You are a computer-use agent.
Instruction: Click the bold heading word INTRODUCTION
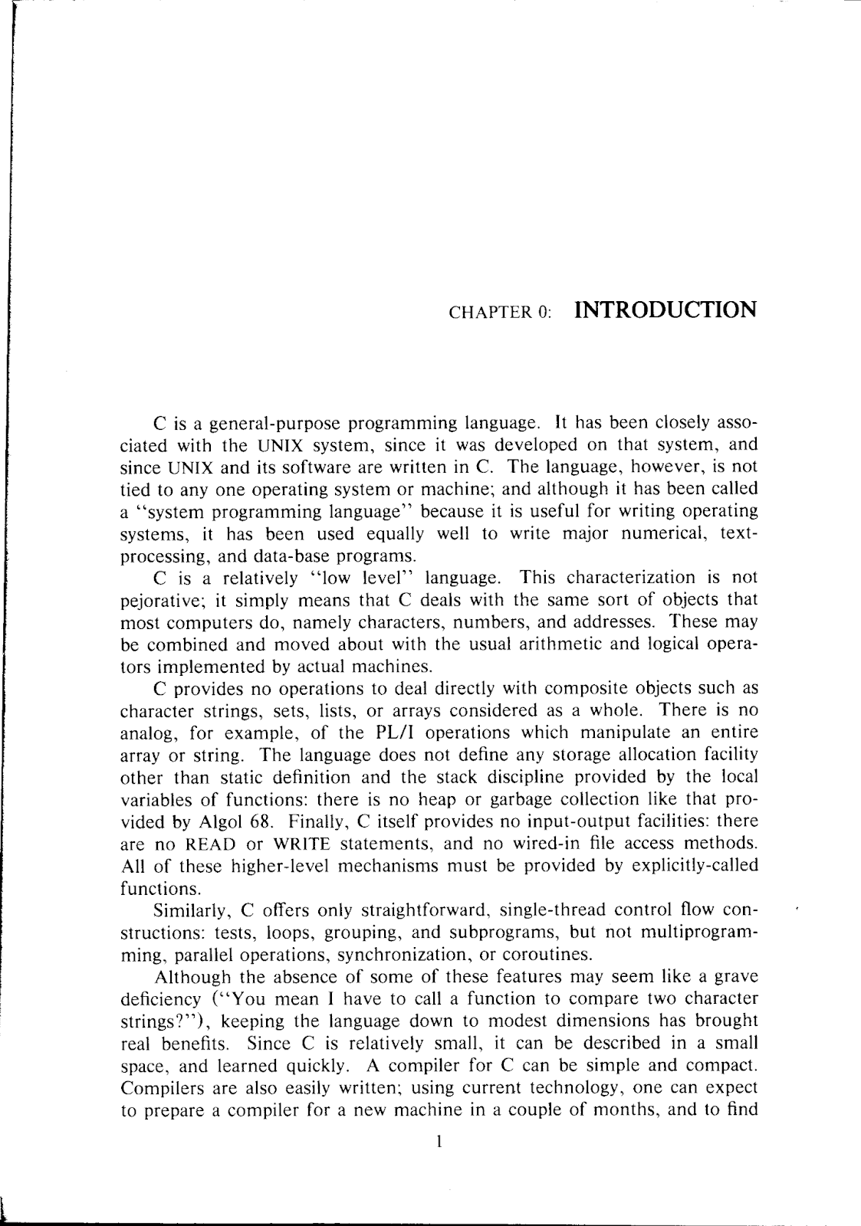(x=665, y=310)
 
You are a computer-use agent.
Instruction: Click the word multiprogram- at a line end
(x=688, y=933)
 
